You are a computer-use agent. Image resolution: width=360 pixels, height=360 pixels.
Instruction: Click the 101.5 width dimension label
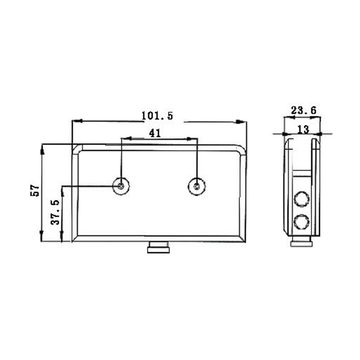pyautogui.click(x=157, y=116)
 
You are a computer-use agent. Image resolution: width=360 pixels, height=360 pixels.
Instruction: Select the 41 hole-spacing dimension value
pyautogui.click(x=155, y=133)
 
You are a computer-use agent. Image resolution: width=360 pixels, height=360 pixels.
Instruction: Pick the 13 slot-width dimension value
pyautogui.click(x=303, y=130)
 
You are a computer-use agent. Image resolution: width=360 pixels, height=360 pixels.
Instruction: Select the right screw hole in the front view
pyautogui.click(x=197, y=185)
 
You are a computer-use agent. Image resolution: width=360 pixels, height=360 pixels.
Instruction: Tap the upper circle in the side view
pyautogui.click(x=301, y=198)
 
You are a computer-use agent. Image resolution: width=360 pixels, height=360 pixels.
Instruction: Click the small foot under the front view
pyautogui.click(x=158, y=247)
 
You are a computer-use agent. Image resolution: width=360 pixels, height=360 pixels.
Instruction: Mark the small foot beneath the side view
pyautogui.click(x=301, y=243)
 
